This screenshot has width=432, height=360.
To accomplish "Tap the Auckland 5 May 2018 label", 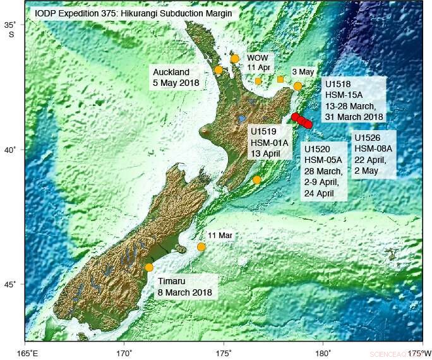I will [176, 77].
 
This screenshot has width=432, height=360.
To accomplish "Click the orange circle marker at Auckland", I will [219, 70].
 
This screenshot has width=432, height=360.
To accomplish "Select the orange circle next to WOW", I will [235, 59].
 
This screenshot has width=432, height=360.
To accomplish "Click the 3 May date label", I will [303, 72].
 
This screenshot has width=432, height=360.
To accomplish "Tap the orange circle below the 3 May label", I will [298, 86].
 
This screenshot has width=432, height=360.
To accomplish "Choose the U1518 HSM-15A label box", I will [353, 100].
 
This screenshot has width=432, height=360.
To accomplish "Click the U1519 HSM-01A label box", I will [270, 143].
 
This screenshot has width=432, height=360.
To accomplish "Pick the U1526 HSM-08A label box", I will [374, 155].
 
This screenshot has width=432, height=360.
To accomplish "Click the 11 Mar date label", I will [220, 235].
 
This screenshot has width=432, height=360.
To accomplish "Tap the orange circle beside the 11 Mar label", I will [201, 247].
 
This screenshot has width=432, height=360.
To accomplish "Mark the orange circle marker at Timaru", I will [149, 267].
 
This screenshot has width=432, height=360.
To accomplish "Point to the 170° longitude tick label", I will [124, 352].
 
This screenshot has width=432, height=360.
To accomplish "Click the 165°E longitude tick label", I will [28, 352].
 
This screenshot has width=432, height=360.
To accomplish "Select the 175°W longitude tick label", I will [419, 352].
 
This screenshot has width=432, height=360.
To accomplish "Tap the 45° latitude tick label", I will [11, 284].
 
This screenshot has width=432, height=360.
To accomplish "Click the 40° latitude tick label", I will [11, 150].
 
